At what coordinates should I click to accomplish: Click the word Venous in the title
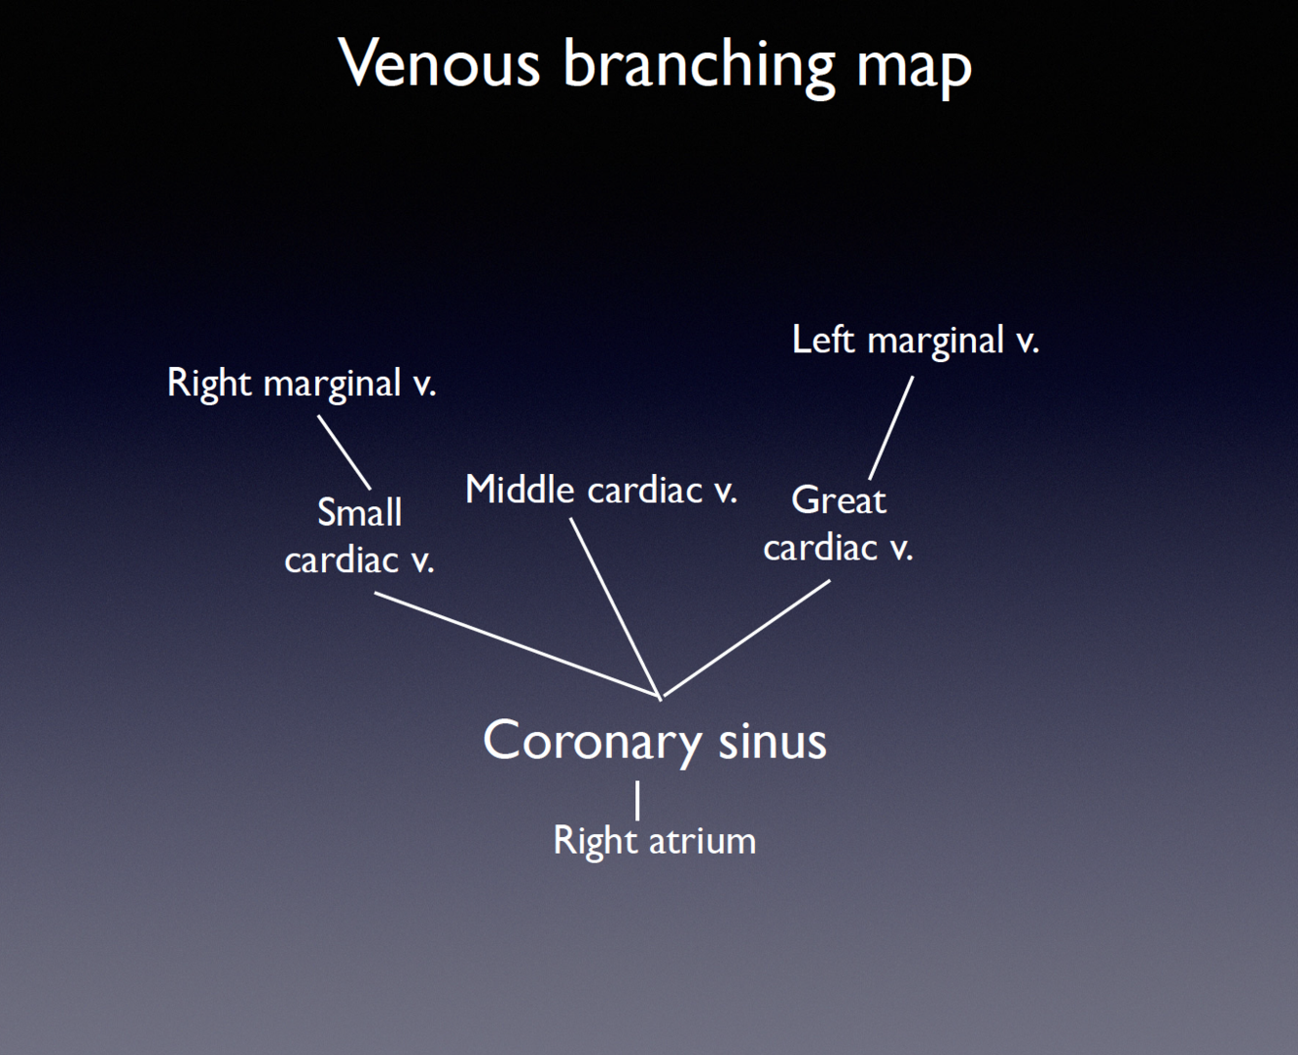[438, 64]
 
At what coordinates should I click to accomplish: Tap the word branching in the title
[698, 66]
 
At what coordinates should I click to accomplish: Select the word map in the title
[914, 66]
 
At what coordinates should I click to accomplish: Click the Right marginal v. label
[302, 383]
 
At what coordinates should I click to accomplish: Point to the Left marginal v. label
[915, 341]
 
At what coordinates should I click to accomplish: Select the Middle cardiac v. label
[600, 490]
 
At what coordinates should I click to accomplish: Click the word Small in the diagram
[359, 512]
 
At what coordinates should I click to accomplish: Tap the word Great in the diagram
[839, 500]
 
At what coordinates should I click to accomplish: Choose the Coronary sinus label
[654, 741]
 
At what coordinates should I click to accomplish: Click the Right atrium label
[654, 841]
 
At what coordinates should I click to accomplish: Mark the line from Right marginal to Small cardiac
[344, 453]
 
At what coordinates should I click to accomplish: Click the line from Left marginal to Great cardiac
[891, 427]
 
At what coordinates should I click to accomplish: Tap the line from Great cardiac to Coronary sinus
[746, 638]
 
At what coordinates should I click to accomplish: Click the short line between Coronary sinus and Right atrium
[637, 800]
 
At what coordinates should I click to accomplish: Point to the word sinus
[772, 741]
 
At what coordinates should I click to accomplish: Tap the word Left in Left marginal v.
[823, 341]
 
